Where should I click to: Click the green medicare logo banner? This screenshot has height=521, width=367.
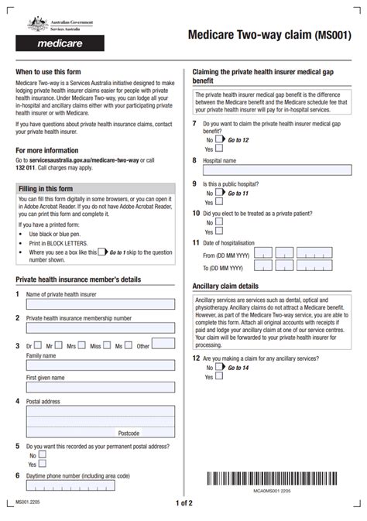pos(60,44)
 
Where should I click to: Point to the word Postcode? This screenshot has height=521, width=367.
pos(129,433)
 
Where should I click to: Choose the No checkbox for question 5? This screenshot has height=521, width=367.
pos(43,455)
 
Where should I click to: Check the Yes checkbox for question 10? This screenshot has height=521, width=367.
pos(218,230)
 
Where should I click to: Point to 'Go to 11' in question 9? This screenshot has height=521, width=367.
pos(238,192)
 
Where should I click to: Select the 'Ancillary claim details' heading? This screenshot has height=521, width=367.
pos(225,286)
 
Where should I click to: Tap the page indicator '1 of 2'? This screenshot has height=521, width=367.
pos(183,503)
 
